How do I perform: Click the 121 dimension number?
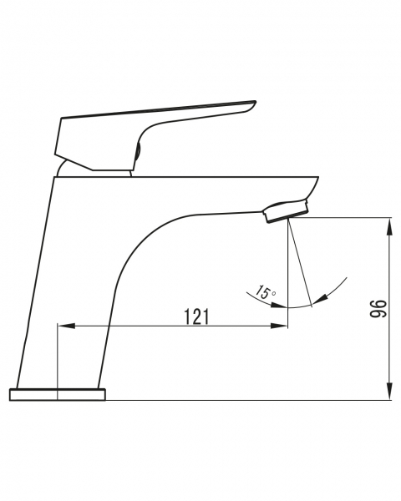click(x=196, y=316)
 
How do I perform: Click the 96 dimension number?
click(x=378, y=309)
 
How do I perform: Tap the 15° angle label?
click(x=265, y=292)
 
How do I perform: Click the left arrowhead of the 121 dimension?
click(x=66, y=326)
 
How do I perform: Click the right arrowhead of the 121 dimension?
click(x=279, y=326)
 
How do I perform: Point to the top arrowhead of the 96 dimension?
click(x=389, y=227)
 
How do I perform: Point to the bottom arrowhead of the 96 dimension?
click(x=389, y=391)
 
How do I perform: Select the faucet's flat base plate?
click(x=58, y=394)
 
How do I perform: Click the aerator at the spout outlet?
click(x=286, y=210)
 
